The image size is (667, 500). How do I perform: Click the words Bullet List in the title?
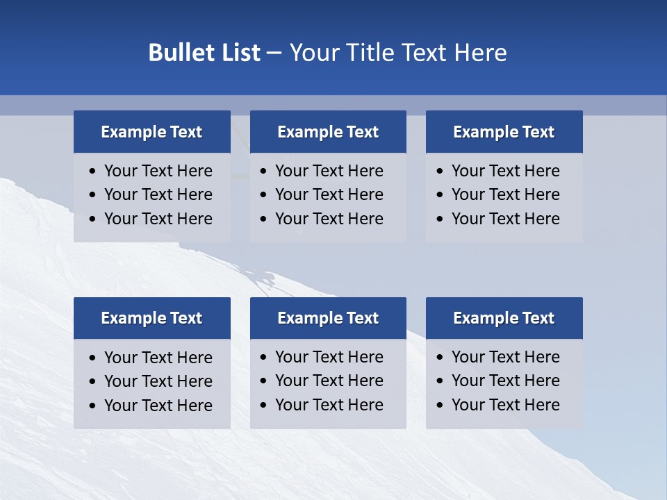pyautogui.click(x=204, y=53)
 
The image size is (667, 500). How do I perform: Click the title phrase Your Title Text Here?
pyautogui.click(x=397, y=53)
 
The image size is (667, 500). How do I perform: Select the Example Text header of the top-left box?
pyautogui.click(x=151, y=132)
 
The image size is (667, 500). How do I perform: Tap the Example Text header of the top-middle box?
pyautogui.click(x=328, y=132)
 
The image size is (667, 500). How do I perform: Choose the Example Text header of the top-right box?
pyautogui.click(x=504, y=132)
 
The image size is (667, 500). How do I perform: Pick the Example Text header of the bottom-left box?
pyautogui.click(x=151, y=318)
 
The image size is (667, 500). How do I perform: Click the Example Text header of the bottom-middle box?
pyautogui.click(x=328, y=318)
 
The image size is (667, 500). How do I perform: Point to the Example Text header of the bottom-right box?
pyautogui.click(x=504, y=318)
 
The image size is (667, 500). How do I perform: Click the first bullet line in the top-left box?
pyautogui.click(x=158, y=171)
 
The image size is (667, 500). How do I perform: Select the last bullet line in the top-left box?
pyautogui.click(x=158, y=219)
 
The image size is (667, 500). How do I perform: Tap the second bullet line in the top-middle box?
pyautogui.click(x=329, y=194)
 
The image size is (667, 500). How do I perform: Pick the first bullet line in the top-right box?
pyautogui.click(x=505, y=171)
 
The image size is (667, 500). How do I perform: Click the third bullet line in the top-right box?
pyautogui.click(x=505, y=219)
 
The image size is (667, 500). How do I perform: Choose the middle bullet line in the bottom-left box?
pyautogui.click(x=158, y=381)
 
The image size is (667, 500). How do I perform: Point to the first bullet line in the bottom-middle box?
pyautogui.click(x=329, y=357)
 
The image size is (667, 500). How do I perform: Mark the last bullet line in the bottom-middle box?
pyautogui.click(x=329, y=405)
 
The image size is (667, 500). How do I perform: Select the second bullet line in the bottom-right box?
pyautogui.click(x=505, y=381)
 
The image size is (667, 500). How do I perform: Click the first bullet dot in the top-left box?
pyautogui.click(x=93, y=172)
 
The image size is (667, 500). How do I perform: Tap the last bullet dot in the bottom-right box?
pyautogui.click(x=440, y=406)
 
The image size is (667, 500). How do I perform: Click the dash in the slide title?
pyautogui.click(x=274, y=53)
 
